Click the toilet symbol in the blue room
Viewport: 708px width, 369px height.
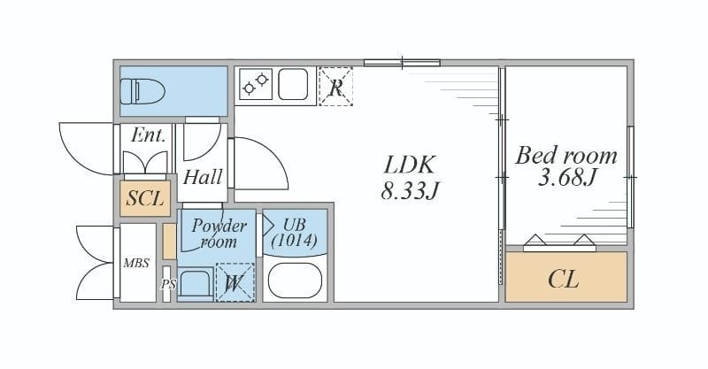click(x=142, y=91)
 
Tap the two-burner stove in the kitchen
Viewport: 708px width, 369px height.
click(x=256, y=83)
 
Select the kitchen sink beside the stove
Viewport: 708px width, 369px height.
click(x=293, y=84)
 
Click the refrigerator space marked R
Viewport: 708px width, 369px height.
click(x=335, y=86)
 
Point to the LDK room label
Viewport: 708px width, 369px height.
click(x=410, y=165)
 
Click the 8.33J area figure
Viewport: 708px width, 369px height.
click(x=410, y=190)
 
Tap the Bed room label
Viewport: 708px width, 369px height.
click(x=566, y=156)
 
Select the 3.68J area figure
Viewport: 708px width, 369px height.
click(x=567, y=177)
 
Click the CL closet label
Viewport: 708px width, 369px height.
click(x=564, y=279)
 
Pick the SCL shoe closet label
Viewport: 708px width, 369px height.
click(x=145, y=198)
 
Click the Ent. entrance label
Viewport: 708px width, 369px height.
click(x=148, y=135)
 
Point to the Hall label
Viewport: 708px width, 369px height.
click(x=203, y=177)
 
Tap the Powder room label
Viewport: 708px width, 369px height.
click(x=219, y=233)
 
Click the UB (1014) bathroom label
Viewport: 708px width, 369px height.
click(x=295, y=232)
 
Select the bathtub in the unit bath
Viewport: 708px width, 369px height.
click(x=295, y=281)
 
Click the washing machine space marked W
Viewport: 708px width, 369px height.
click(x=235, y=282)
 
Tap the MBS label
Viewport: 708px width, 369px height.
click(x=136, y=263)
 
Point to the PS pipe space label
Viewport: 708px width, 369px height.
click(x=168, y=285)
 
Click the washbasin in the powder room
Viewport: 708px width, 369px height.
click(x=196, y=284)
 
